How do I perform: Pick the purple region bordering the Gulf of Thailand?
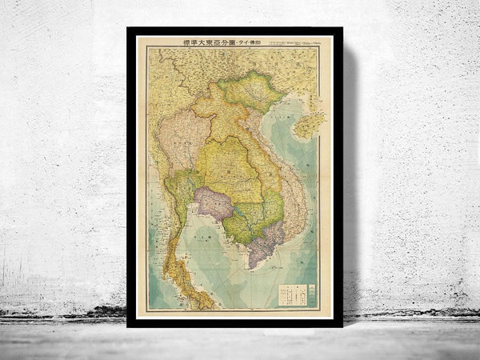[214, 203]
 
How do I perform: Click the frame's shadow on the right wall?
[350, 176]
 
